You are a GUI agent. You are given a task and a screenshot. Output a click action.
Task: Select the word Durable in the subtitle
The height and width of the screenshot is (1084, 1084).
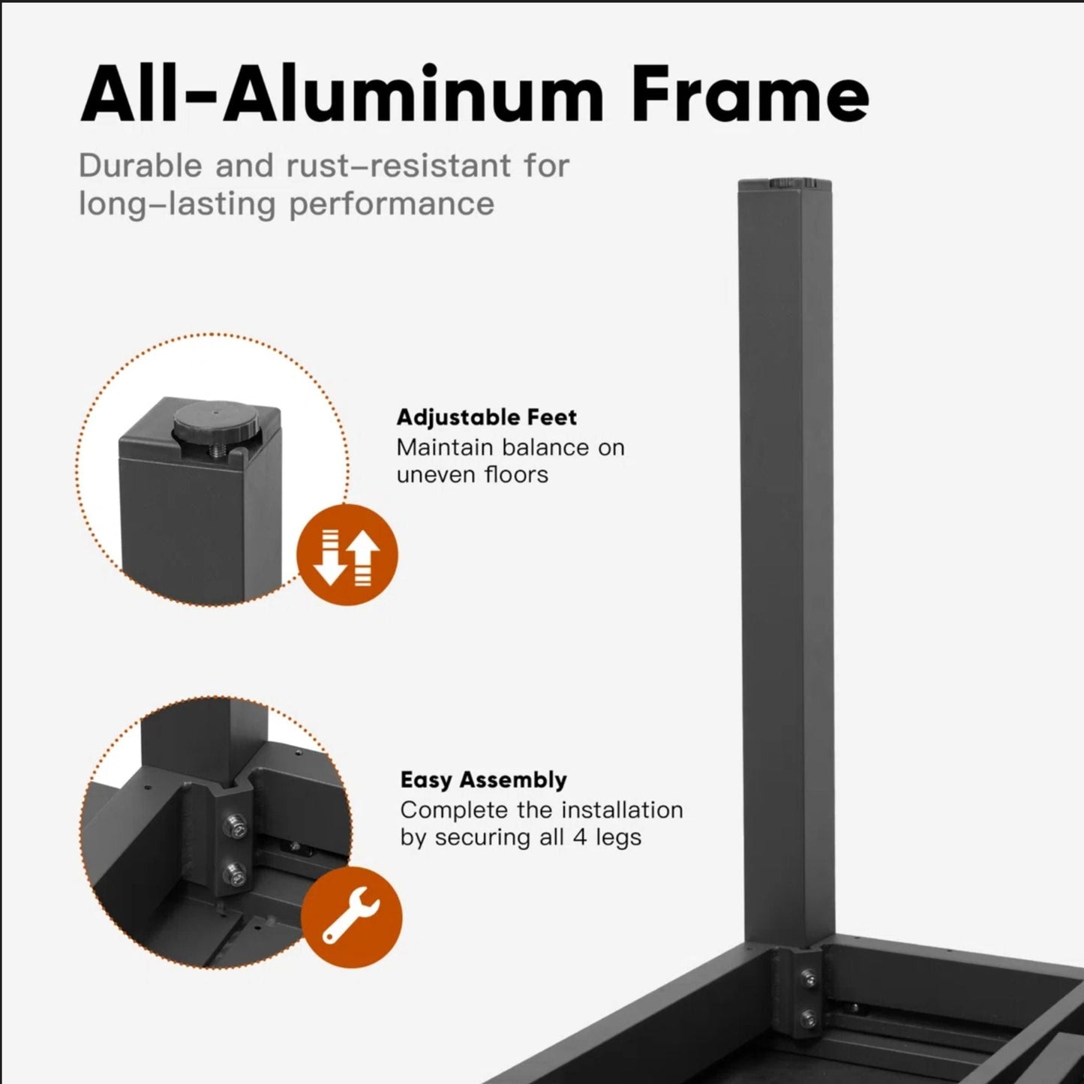(x=140, y=166)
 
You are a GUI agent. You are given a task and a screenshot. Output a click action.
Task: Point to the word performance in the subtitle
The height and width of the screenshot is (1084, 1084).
(x=392, y=204)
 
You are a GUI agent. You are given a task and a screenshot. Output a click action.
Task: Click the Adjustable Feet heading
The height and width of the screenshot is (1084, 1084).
(x=487, y=417)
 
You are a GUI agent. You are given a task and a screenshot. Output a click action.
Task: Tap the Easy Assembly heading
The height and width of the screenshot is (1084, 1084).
(x=484, y=780)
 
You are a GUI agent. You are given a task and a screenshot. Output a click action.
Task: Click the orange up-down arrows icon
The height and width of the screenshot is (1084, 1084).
(x=347, y=554)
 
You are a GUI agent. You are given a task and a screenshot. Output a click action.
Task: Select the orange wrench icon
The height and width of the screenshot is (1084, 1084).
(x=352, y=917)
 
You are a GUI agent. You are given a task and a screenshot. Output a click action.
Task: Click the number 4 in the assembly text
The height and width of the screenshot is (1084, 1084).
(x=580, y=838)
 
